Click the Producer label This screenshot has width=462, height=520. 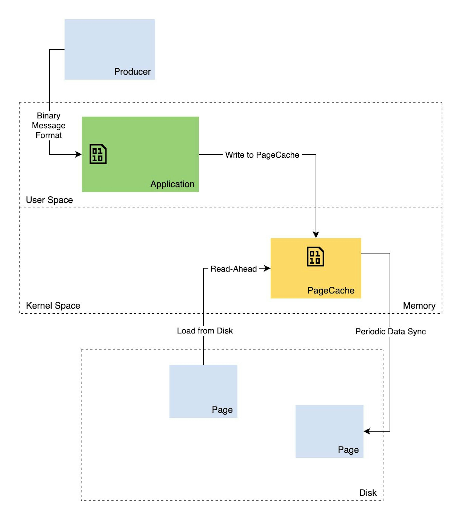[132, 72]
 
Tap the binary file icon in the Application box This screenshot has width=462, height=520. [98, 154]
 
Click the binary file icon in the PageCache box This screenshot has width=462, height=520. [315, 257]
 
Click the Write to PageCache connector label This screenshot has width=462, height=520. [262, 155]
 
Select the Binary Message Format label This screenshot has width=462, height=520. [49, 125]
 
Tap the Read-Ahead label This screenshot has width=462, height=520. [233, 269]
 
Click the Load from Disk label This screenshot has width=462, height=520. [205, 331]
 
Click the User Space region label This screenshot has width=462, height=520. [49, 200]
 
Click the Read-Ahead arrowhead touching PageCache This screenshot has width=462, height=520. [267, 268]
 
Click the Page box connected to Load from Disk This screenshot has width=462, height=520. [203, 391]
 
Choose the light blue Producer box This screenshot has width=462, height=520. [110, 49]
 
